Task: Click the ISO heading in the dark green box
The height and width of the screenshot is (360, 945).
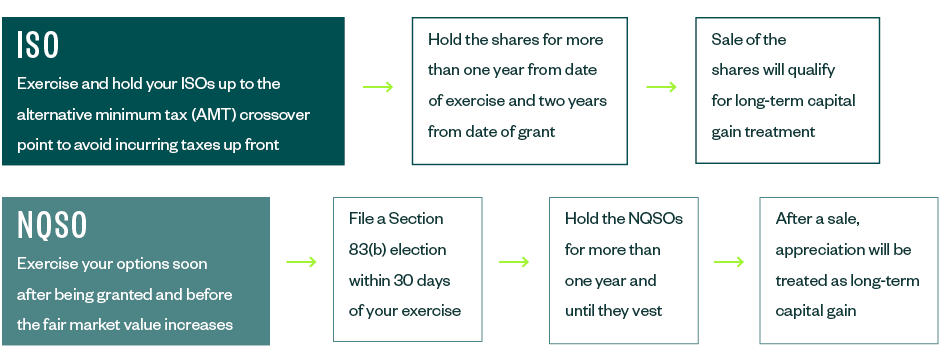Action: [x=38, y=44]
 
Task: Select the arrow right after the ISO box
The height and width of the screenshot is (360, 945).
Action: [x=378, y=87]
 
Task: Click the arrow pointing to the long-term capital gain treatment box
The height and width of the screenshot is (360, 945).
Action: [x=662, y=87]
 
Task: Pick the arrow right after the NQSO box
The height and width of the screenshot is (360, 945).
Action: [x=301, y=262]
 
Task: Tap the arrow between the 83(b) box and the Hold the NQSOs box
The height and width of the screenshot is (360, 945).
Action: [x=514, y=262]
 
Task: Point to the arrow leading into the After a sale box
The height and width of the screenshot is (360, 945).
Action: [x=729, y=262]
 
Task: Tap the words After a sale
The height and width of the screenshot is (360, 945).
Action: [x=816, y=218]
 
